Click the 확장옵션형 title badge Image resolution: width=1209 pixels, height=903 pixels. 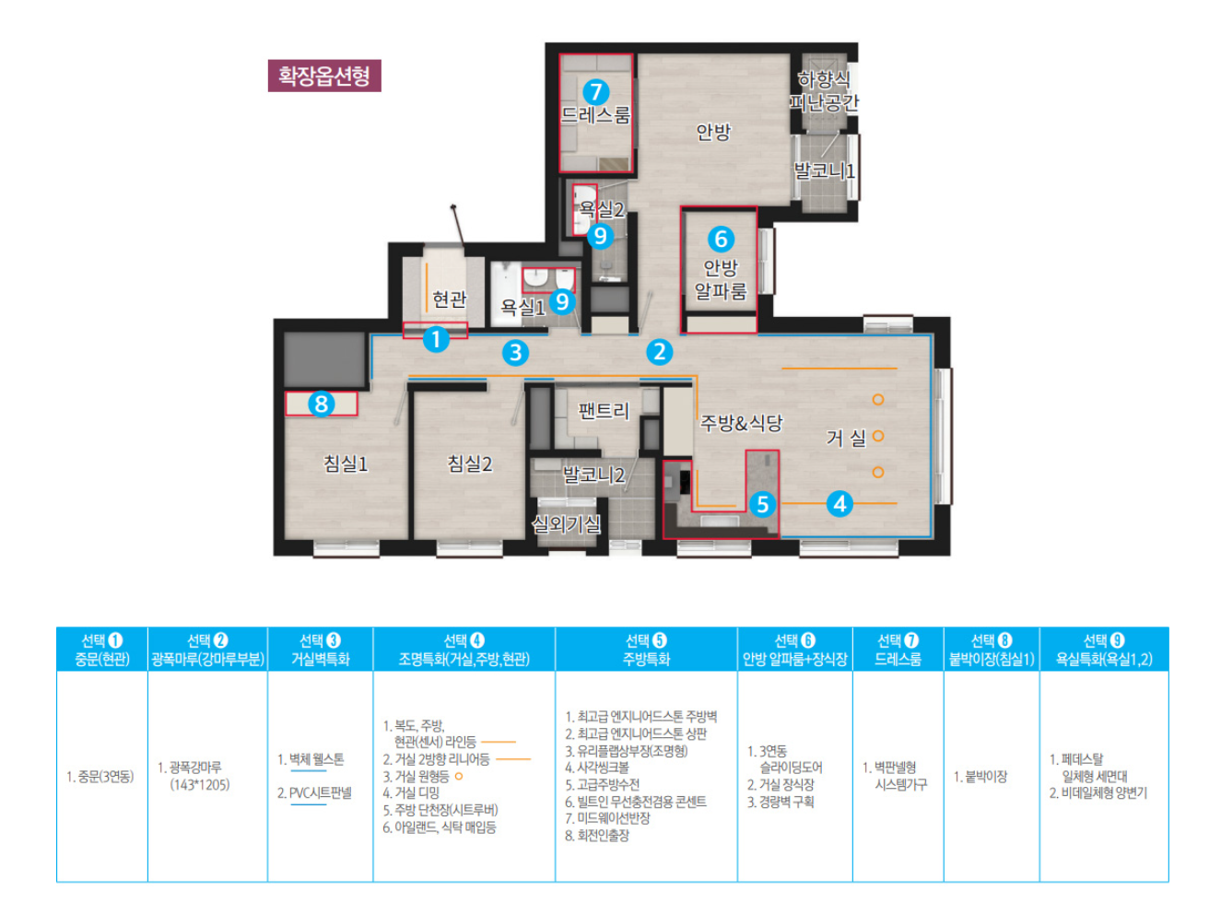[323, 76]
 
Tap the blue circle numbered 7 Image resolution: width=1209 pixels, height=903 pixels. [595, 92]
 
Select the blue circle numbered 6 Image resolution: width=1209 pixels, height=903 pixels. [721, 239]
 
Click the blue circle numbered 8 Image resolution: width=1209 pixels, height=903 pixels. [321, 404]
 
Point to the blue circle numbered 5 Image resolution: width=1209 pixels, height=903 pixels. [762, 504]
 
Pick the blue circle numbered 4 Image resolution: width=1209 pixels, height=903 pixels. [839, 503]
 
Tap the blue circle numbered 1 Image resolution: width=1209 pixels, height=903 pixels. [436, 339]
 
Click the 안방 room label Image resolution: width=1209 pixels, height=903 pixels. [713, 132]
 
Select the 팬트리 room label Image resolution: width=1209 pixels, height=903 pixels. [604, 411]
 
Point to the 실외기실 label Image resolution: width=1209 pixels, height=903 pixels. [566, 523]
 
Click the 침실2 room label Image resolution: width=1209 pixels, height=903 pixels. [469, 463]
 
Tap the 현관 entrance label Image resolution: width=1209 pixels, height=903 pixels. [449, 299]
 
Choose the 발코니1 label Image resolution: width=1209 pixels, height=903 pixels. [824, 170]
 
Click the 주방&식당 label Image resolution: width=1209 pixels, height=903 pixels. [741, 423]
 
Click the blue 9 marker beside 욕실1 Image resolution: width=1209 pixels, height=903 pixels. [562, 301]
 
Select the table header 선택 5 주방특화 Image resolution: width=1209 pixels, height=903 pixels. [646, 650]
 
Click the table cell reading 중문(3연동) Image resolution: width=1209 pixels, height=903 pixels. [100, 777]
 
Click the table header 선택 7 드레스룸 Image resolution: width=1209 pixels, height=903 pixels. [898, 650]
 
